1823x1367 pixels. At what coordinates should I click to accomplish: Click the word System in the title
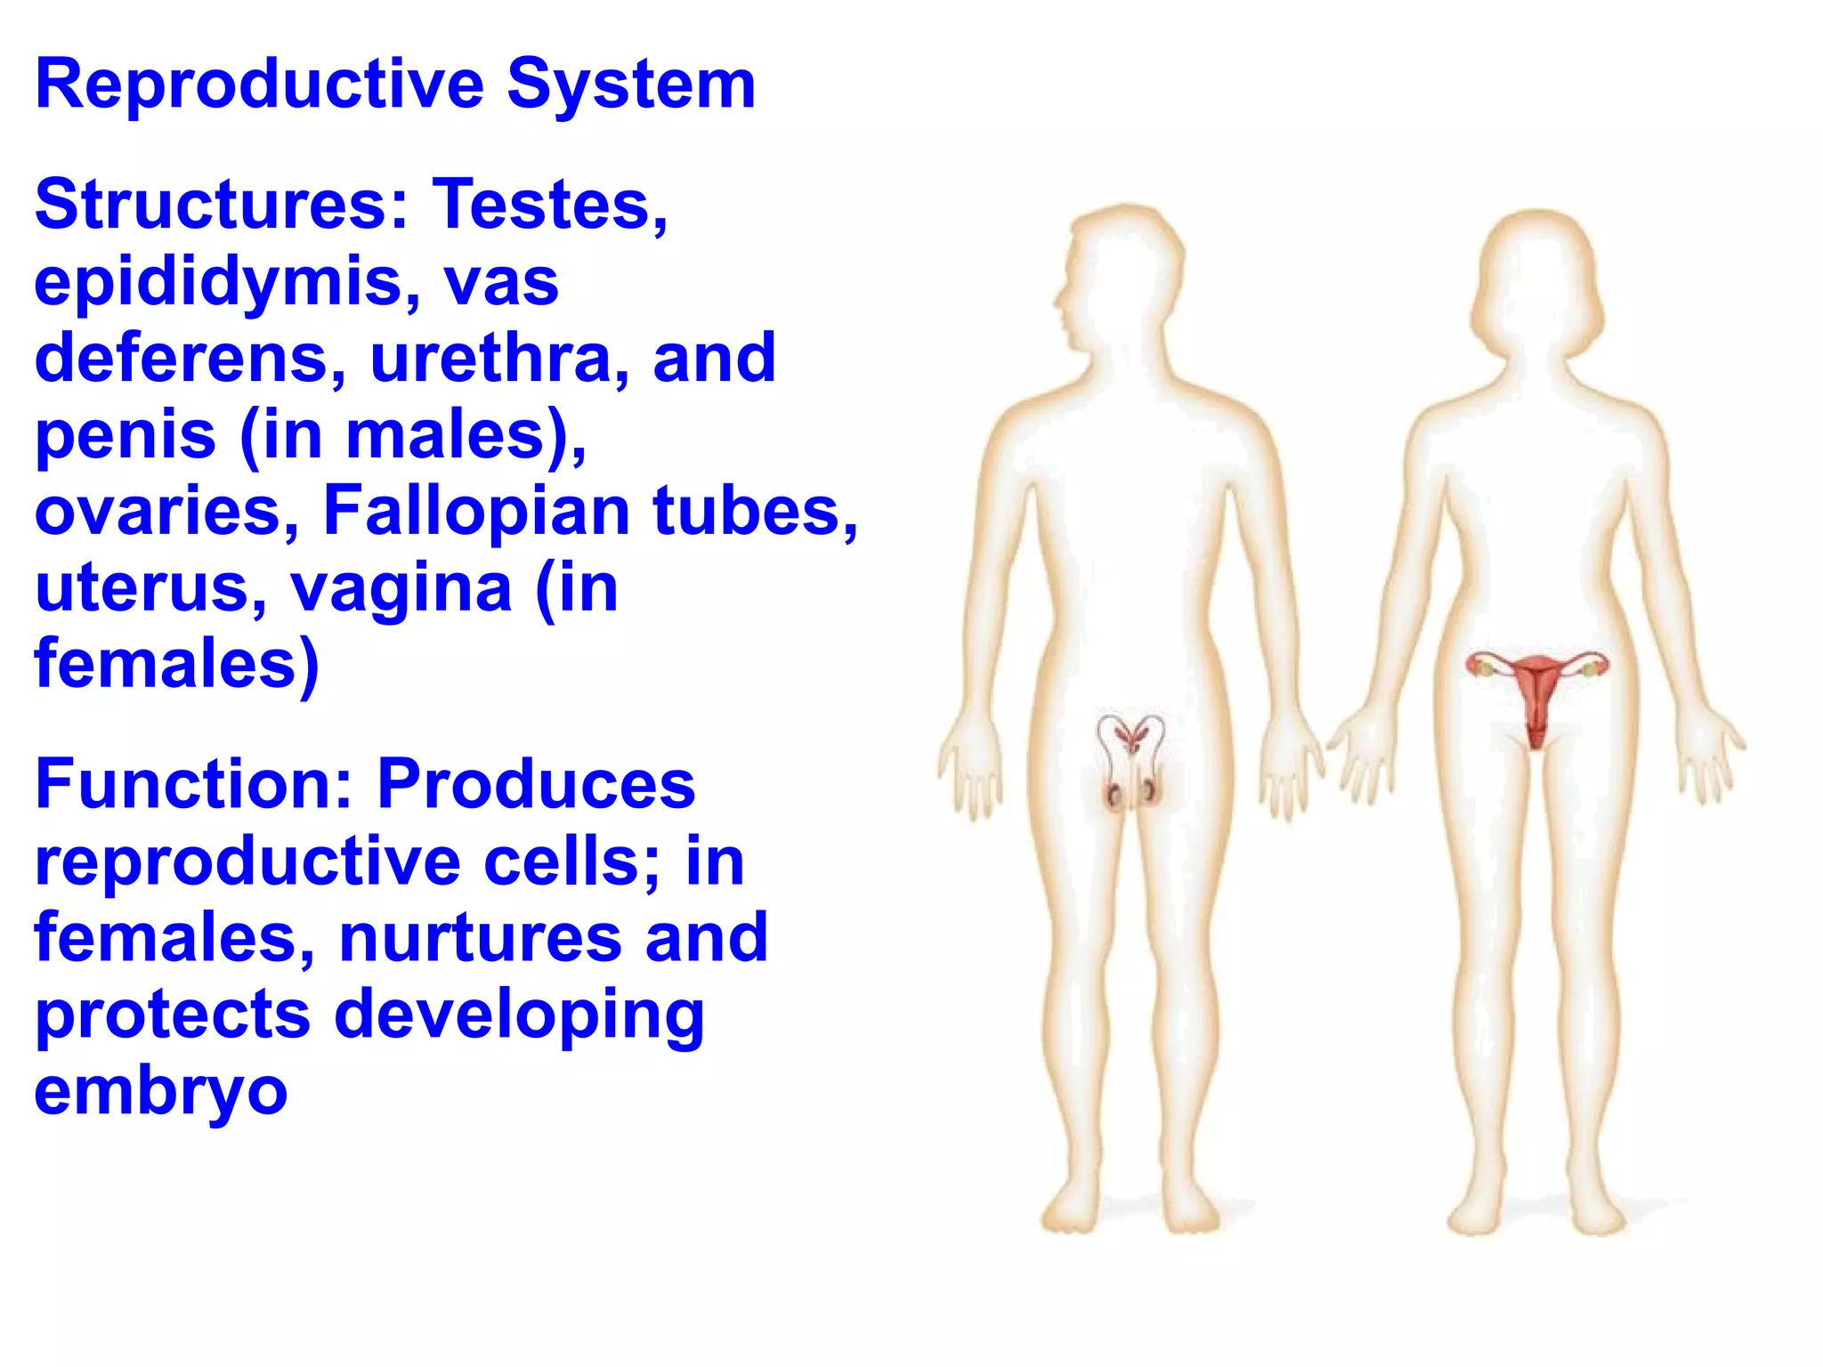point(631,85)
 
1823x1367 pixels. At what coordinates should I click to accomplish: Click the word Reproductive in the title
point(259,85)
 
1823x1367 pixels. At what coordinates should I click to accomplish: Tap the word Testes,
point(549,204)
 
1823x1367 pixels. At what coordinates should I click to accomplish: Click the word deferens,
point(191,358)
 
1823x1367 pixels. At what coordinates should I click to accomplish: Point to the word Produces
point(536,784)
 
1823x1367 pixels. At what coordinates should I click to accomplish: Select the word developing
point(519,1016)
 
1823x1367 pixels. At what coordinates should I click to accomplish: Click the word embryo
point(161,1094)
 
